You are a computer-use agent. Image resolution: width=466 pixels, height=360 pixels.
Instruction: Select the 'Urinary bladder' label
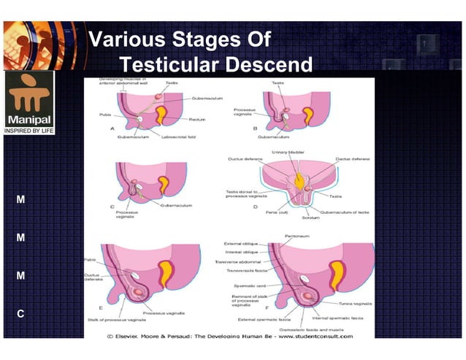tap(289, 152)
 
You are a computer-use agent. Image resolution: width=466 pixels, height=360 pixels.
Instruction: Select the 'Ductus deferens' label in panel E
tap(93, 278)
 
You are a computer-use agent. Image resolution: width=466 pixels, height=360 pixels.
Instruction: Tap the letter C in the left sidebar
tap(20, 314)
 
